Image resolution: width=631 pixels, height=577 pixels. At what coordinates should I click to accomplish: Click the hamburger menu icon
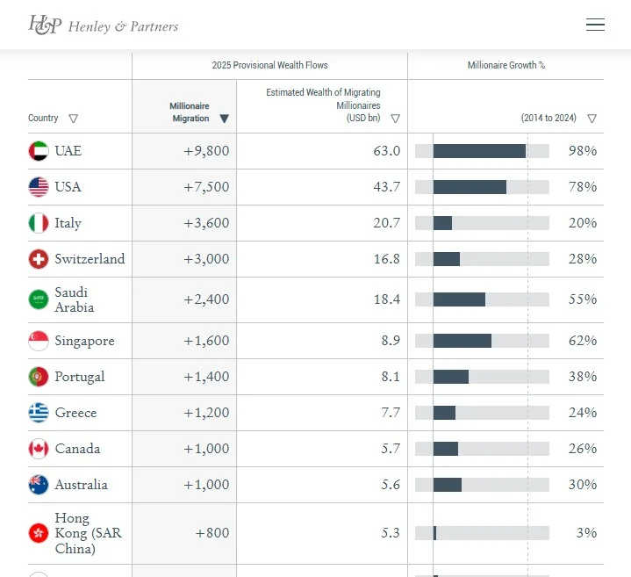click(x=595, y=25)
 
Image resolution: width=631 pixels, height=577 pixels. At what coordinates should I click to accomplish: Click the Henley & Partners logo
click(x=103, y=25)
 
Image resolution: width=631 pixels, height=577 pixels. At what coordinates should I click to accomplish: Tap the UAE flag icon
click(x=39, y=151)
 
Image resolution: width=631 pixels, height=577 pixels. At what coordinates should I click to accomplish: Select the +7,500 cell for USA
click(x=206, y=187)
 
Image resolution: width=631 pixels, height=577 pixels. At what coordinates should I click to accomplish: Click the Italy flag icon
click(x=39, y=223)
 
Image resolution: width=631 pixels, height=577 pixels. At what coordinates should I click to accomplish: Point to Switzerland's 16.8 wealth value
click(x=386, y=259)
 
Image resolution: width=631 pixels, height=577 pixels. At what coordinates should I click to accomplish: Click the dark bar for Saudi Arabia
click(x=459, y=299)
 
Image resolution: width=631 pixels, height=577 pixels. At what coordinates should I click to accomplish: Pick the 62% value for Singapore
click(x=583, y=341)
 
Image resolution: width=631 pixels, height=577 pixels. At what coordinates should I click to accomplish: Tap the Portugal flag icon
click(x=39, y=377)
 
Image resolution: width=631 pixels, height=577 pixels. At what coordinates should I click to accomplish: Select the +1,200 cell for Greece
click(x=206, y=413)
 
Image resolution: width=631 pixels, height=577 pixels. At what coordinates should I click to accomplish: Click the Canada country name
click(x=77, y=449)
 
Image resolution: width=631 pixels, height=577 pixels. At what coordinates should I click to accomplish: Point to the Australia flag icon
click(x=39, y=485)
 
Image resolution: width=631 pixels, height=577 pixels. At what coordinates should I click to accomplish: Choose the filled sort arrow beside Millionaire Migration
click(x=225, y=119)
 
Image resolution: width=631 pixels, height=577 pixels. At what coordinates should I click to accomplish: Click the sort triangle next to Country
click(x=73, y=119)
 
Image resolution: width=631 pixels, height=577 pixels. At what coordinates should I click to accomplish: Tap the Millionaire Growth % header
click(x=506, y=66)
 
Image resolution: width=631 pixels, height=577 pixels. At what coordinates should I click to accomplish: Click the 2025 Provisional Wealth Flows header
click(x=269, y=66)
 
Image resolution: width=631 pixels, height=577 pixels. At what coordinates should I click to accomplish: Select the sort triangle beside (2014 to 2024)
click(x=592, y=119)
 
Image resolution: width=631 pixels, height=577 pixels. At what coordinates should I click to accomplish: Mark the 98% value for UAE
click(x=583, y=151)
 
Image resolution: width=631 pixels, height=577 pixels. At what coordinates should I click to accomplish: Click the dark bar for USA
click(x=470, y=187)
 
